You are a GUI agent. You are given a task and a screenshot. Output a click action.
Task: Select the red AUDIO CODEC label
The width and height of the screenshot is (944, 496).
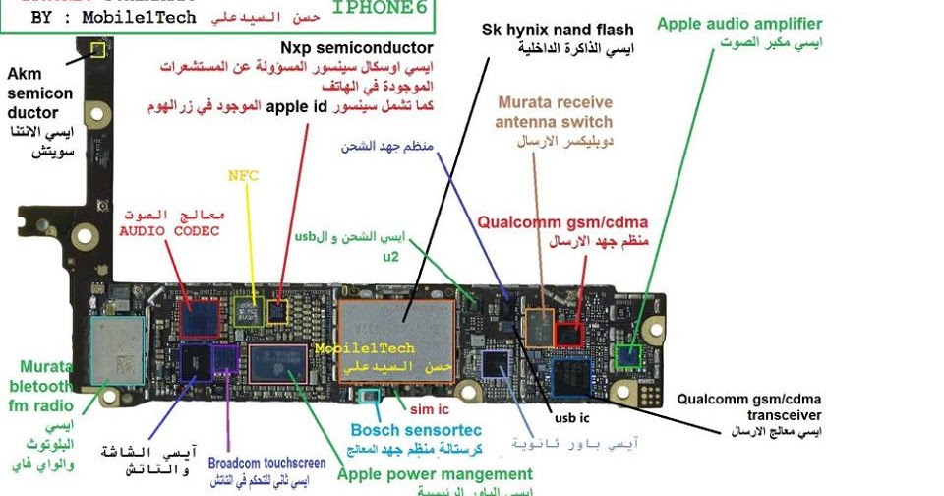[x=169, y=231]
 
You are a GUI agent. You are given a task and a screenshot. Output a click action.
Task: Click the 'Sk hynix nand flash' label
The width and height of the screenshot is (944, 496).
[x=558, y=31]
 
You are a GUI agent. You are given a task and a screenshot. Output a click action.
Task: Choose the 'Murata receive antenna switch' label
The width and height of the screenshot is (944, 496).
[x=554, y=111]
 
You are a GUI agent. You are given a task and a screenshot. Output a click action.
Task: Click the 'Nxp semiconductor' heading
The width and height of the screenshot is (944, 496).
[x=356, y=47]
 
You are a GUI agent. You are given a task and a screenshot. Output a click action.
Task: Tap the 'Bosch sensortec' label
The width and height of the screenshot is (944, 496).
[x=416, y=430]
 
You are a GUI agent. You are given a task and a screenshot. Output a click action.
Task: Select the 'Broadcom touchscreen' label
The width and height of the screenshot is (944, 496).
[x=266, y=463]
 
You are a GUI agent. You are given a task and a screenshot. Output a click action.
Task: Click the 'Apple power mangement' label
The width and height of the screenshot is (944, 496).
[x=435, y=474]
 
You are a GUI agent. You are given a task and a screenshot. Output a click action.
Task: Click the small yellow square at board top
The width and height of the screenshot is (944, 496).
[x=97, y=49]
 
